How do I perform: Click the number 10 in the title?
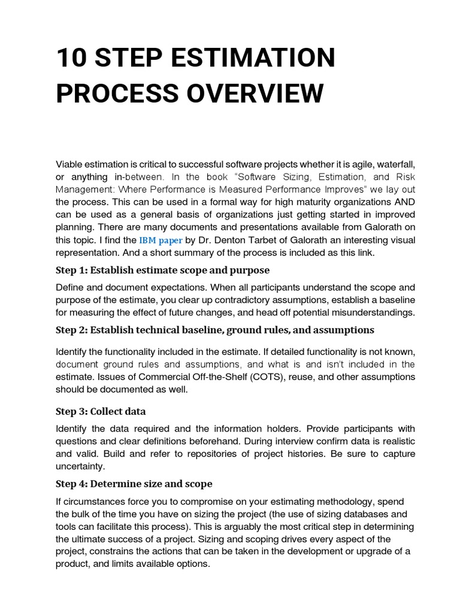coord(71,59)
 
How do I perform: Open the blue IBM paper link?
coord(161,240)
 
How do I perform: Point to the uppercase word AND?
coord(402,202)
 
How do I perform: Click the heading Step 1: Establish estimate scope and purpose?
coord(162,270)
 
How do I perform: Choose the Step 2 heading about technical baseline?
coord(214,330)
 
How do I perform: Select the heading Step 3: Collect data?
coord(101,411)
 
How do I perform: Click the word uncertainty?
coord(80,466)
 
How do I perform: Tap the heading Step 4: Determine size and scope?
coord(134,484)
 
